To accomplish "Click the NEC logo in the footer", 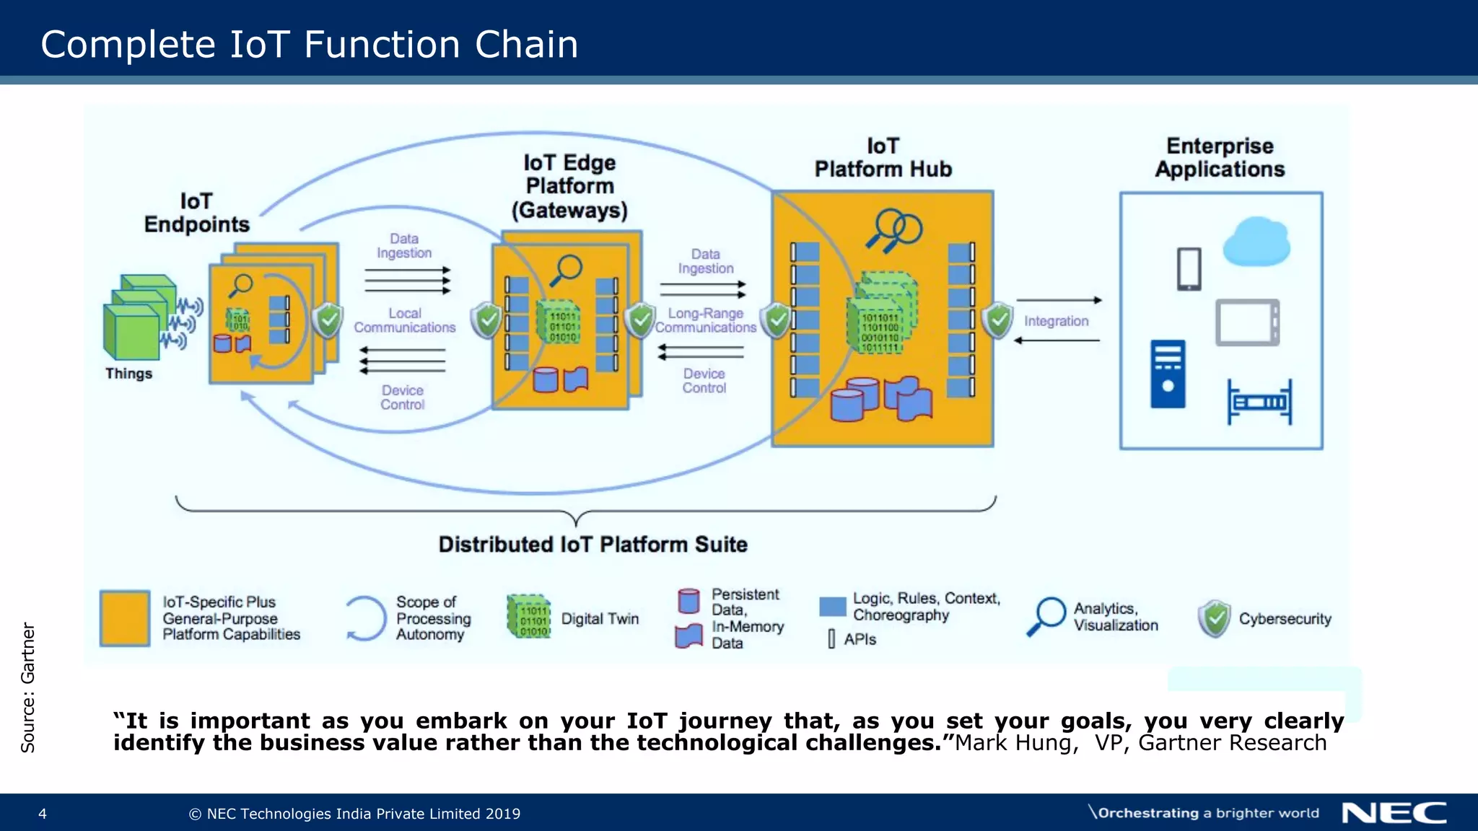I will coord(1394,813).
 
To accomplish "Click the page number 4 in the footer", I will coord(43,814).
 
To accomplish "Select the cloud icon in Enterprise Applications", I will coord(1256,242).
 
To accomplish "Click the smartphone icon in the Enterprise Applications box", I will coord(1189,268).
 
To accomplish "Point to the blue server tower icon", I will coord(1167,374).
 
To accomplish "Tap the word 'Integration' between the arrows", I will coord(1056,321).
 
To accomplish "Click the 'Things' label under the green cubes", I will coord(128,374).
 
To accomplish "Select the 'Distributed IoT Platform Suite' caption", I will coord(592,545).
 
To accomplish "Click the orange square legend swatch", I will coord(125,618).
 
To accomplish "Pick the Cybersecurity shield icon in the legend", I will coord(1215,618).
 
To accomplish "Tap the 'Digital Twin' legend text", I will coord(600,619).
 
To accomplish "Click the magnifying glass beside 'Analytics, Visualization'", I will coord(1046,616).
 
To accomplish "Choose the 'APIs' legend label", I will coord(860,639).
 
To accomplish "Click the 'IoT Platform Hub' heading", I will coord(883,157).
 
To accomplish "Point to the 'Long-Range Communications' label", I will coord(705,320).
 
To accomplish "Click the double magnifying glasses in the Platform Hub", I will coord(893,230).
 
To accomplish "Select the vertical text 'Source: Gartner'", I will coord(27,687).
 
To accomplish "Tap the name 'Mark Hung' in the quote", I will coord(1014,743).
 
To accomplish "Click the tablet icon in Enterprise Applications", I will coord(1246,322).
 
